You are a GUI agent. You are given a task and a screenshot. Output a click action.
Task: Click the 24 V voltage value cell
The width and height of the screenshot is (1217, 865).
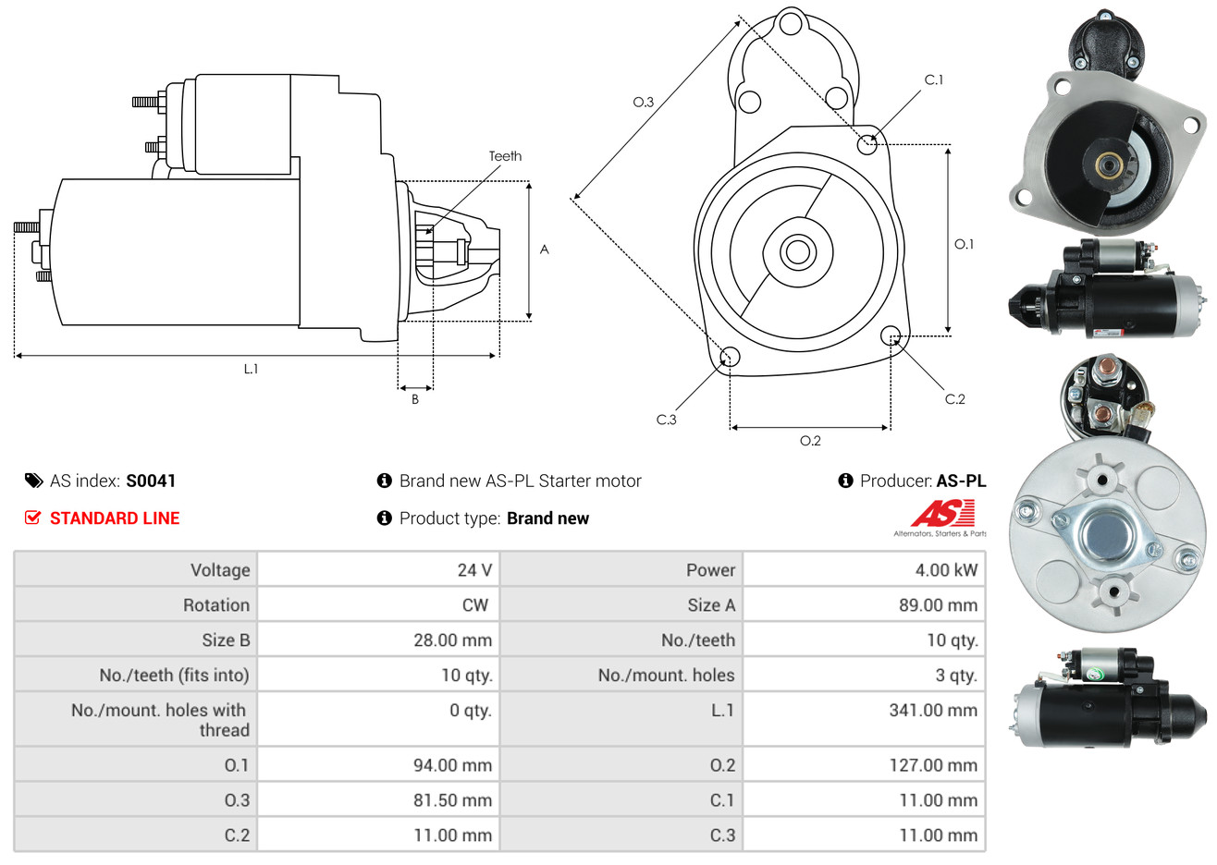[474, 570]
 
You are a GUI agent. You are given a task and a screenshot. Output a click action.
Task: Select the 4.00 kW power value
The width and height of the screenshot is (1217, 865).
[946, 570]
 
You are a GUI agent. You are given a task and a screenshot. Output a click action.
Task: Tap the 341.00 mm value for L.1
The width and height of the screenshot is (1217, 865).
[933, 711]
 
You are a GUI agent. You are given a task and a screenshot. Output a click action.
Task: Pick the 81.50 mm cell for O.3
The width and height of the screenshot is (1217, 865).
[452, 800]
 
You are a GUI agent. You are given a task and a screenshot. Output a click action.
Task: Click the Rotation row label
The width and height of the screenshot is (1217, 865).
[216, 605]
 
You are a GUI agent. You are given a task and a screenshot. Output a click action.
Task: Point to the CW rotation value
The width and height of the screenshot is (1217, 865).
[475, 605]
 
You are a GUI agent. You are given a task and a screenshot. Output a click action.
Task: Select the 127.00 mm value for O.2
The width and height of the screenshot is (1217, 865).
[933, 765]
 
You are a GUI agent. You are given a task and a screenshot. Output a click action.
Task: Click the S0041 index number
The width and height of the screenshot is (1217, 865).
[151, 481]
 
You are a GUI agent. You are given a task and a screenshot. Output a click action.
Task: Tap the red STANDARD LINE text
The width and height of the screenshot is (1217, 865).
[115, 518]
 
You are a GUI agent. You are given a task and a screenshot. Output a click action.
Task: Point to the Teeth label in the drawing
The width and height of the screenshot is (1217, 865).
[505, 156]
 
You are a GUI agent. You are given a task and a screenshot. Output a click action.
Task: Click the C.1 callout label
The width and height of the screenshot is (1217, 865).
[934, 80]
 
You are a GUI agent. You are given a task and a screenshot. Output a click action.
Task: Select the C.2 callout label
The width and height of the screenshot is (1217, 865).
[954, 399]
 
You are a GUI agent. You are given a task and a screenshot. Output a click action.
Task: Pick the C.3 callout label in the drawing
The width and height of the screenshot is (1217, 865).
[666, 420]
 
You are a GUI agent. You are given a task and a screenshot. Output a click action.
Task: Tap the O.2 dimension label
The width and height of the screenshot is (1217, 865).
[810, 441]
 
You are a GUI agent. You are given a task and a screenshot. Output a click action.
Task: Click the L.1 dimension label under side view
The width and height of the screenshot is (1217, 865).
[251, 369]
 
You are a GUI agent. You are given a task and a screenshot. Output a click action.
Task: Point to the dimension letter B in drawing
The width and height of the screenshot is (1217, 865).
[415, 399]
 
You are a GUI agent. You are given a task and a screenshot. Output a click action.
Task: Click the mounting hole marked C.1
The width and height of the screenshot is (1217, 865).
[867, 144]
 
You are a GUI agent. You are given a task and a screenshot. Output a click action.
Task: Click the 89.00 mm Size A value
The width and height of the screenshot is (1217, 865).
[938, 605]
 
